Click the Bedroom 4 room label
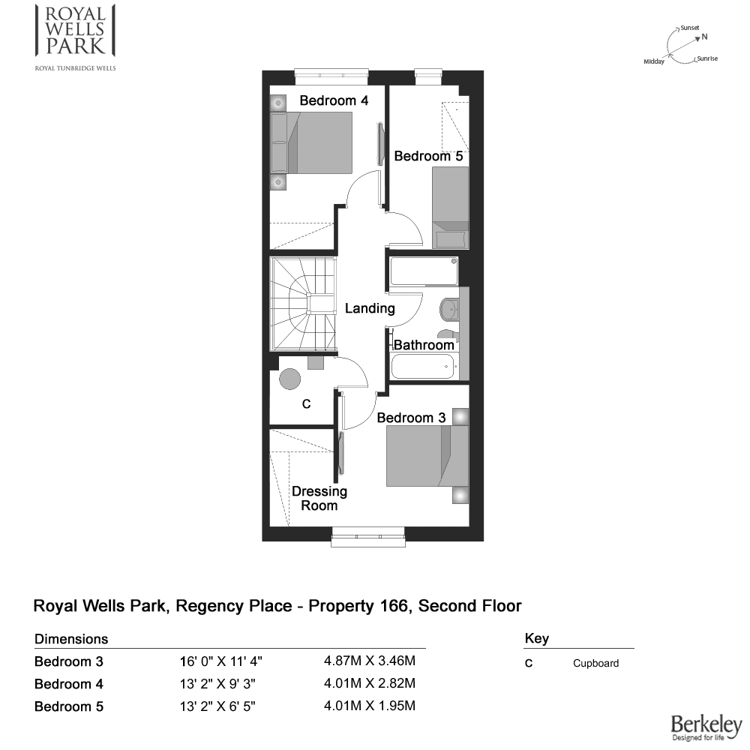pyautogui.click(x=334, y=100)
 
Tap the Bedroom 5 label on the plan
pyautogui.click(x=428, y=157)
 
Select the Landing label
pyautogui.click(x=370, y=308)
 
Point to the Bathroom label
pyautogui.click(x=424, y=345)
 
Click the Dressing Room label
pyautogui.click(x=319, y=499)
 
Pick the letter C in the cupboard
pyautogui.click(x=307, y=404)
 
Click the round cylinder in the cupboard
pyautogui.click(x=289, y=379)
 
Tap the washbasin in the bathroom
pyautogui.click(x=449, y=308)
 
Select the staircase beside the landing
pyautogui.click(x=303, y=304)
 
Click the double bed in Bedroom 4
pyautogui.click(x=311, y=142)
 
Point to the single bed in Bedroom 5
pyautogui.click(x=450, y=208)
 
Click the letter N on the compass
pyautogui.click(x=704, y=37)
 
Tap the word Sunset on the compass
pyautogui.click(x=690, y=28)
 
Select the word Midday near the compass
pyautogui.click(x=654, y=61)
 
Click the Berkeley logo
pyautogui.click(x=706, y=727)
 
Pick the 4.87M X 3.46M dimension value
pyautogui.click(x=370, y=661)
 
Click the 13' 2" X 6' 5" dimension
pyautogui.click(x=217, y=706)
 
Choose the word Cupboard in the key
pyautogui.click(x=596, y=664)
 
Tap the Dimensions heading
pyautogui.click(x=71, y=639)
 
